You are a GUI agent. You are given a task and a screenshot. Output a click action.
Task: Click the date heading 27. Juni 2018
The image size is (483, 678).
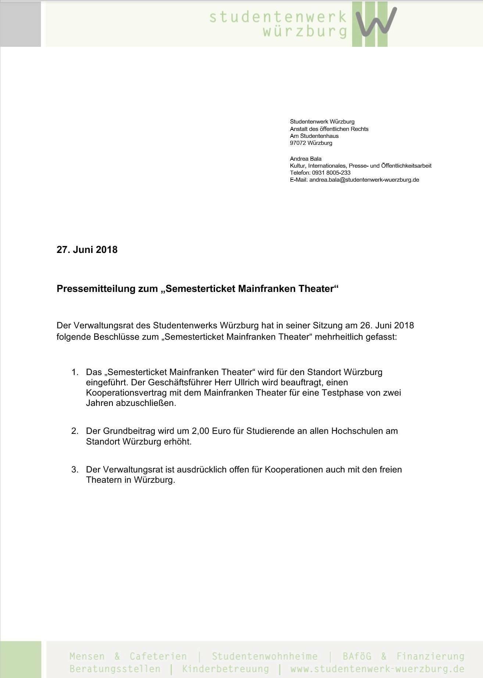pyautogui.click(x=87, y=250)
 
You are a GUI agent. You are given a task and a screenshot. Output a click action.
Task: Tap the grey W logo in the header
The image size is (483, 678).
pyautogui.click(x=377, y=22)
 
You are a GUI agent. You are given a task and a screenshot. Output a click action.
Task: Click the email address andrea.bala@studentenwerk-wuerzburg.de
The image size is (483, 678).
pyautogui.click(x=364, y=180)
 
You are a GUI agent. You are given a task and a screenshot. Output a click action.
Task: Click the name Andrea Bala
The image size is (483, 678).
pyautogui.click(x=305, y=159)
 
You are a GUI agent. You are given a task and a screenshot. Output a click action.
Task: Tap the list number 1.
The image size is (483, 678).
pyautogui.click(x=75, y=372)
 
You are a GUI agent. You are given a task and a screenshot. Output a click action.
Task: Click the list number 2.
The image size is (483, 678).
pyautogui.click(x=75, y=431)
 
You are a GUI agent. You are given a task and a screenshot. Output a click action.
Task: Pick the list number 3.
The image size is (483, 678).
pyautogui.click(x=75, y=470)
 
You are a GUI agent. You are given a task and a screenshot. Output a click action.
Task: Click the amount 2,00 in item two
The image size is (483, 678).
pyautogui.click(x=200, y=431)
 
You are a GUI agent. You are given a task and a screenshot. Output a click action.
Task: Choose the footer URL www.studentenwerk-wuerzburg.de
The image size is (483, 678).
pyautogui.click(x=377, y=668)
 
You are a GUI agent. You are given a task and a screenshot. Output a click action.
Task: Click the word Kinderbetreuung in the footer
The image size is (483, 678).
pyautogui.click(x=225, y=668)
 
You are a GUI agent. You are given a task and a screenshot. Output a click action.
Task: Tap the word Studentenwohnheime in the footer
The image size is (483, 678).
pyautogui.click(x=264, y=656)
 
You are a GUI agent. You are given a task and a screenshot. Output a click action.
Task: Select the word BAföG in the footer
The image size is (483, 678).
pyautogui.click(x=357, y=656)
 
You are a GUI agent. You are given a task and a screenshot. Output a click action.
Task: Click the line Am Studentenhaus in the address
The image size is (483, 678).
pyautogui.click(x=314, y=136)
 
